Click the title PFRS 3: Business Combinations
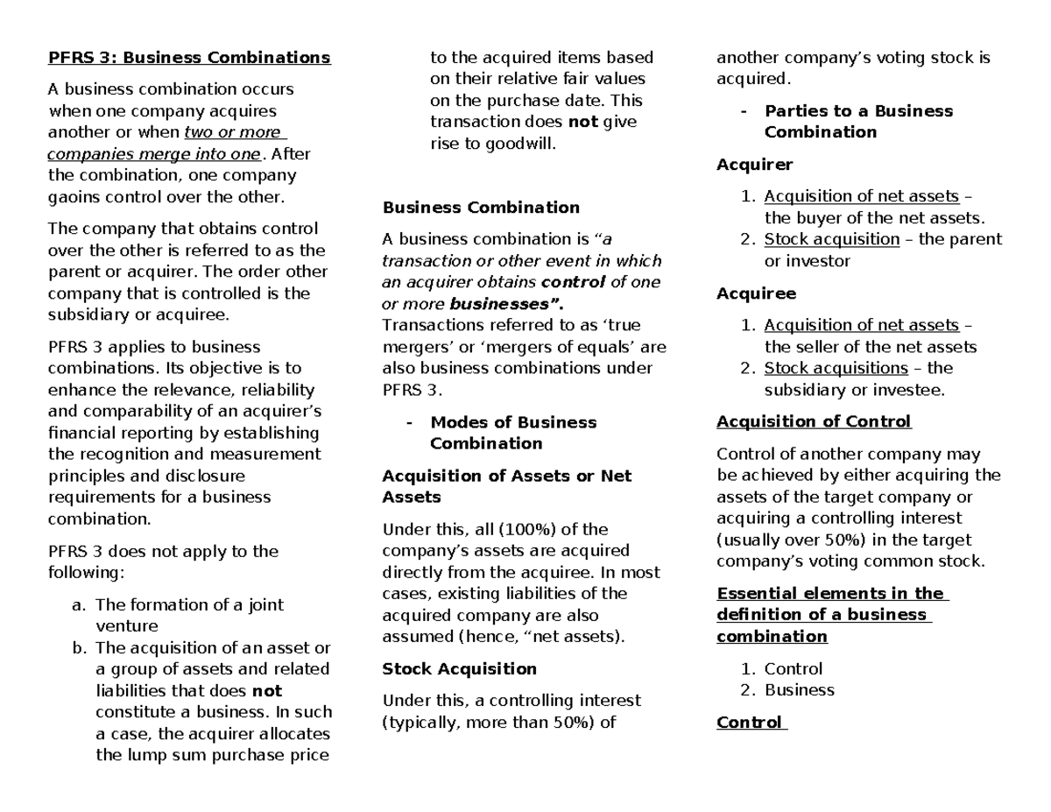[188, 59]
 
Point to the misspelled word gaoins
[73, 197]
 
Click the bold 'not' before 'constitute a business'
[266, 690]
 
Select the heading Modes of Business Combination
[512, 433]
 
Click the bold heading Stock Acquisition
[459, 669]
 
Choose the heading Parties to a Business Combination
[857, 122]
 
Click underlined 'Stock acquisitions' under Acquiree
[836, 368]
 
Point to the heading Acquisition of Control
[814, 422]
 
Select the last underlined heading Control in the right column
[749, 723]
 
